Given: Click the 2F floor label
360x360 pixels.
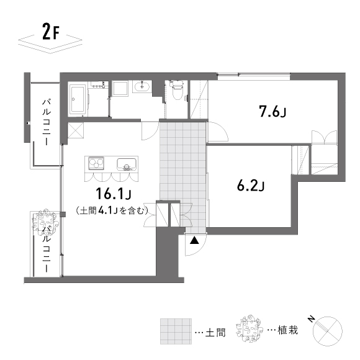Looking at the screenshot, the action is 51,32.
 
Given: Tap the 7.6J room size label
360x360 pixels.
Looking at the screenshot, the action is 272,111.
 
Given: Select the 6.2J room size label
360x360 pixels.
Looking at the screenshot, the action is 251,186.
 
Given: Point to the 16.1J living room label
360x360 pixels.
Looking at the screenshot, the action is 113,194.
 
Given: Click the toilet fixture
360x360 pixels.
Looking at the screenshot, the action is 176,89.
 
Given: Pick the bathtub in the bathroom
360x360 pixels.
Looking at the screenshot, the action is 78,100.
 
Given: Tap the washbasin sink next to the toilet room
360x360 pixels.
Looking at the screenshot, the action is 142,87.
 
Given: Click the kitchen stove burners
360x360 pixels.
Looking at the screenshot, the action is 96,163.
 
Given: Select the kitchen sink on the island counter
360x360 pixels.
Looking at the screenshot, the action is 127,164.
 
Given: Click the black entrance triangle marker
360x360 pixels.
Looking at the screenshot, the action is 194,240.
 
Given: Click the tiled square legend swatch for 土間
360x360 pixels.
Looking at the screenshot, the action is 176,331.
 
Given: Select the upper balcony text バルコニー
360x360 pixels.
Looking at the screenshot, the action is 47,122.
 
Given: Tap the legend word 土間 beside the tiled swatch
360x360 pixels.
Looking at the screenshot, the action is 215,332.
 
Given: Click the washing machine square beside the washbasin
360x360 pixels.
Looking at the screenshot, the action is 120,88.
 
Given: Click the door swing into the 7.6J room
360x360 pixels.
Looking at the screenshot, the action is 217,132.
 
